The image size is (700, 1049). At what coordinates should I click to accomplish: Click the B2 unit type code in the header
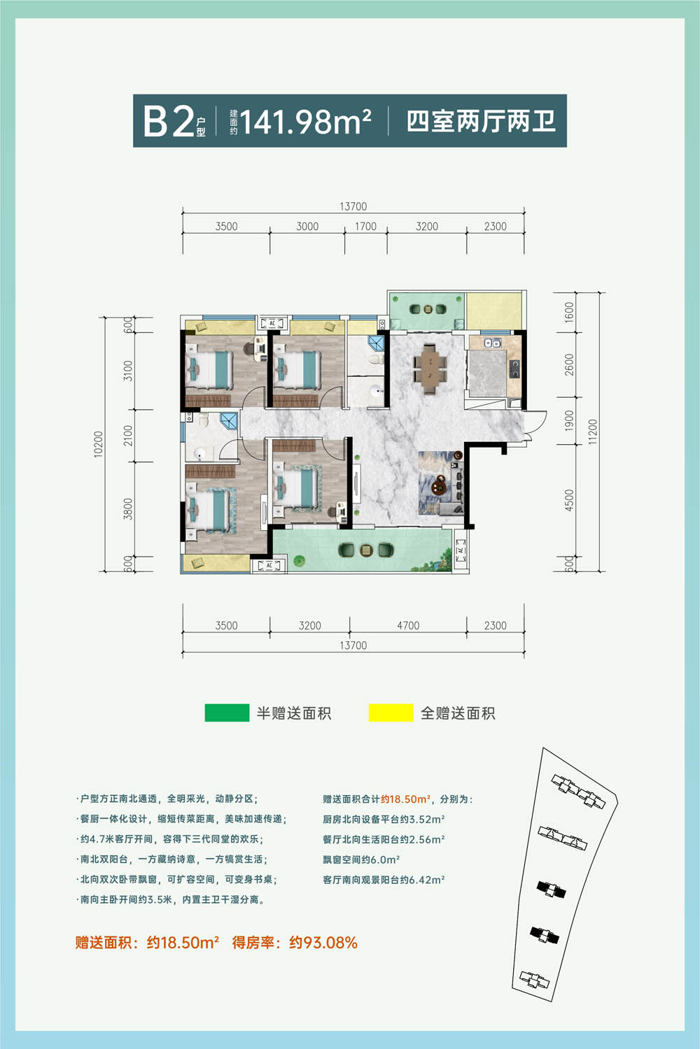point(168,121)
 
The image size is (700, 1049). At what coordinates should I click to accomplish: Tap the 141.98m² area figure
point(306,121)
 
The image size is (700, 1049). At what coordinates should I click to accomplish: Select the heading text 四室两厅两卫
point(481,121)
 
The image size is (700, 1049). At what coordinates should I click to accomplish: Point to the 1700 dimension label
point(365,227)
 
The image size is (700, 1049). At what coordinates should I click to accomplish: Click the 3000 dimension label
point(307,227)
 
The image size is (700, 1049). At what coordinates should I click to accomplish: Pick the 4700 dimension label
point(408,626)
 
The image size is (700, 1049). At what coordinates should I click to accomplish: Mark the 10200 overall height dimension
point(98,444)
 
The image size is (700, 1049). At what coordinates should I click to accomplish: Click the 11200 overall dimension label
point(593,431)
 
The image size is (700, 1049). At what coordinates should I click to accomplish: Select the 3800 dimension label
point(127,509)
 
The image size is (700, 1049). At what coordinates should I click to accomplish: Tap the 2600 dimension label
point(568,364)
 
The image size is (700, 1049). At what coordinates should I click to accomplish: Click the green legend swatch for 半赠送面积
point(227,713)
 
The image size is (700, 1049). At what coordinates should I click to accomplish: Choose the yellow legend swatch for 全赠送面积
point(391,713)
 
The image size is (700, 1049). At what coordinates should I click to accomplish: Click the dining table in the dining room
point(430,368)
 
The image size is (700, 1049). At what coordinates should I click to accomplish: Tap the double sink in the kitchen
point(492,343)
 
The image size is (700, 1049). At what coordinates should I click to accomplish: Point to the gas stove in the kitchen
point(514,368)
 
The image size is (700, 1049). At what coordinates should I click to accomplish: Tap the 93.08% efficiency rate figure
point(323,942)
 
